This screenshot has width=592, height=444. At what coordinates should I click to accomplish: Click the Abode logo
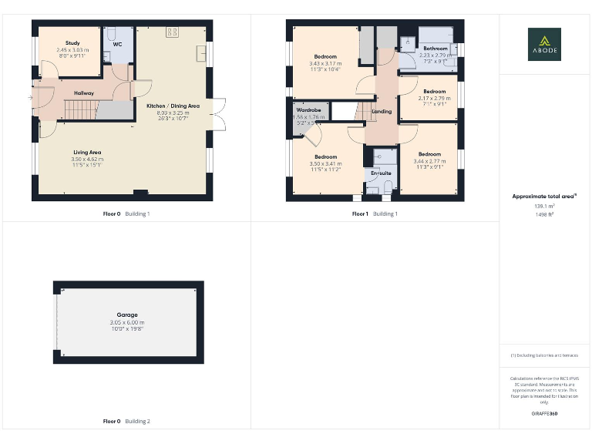coord(544,44)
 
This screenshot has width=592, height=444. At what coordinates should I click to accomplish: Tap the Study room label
coord(72,43)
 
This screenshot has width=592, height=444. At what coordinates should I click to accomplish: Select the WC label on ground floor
coord(117,45)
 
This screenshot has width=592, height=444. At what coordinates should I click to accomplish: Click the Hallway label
coord(83,93)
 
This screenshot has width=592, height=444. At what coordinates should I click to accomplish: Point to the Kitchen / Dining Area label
coord(173,106)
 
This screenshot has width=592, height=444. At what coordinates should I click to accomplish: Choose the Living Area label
coord(87,153)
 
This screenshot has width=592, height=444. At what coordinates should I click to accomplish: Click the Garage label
coord(127,314)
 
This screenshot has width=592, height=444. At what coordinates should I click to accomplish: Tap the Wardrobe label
coord(308,110)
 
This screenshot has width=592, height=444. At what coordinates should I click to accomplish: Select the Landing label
coord(382,112)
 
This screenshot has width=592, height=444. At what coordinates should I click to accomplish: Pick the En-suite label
coord(381,173)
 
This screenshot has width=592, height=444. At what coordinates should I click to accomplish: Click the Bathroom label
coord(433,49)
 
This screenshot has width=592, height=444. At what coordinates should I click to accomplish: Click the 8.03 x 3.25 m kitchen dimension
coord(173,113)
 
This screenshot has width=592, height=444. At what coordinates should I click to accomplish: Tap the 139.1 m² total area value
coord(544,206)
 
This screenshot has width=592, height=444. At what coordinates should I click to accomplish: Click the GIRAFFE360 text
coord(544,414)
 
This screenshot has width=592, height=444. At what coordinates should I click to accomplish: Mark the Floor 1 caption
coord(360,214)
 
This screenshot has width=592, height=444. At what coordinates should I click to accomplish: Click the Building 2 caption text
coord(138,422)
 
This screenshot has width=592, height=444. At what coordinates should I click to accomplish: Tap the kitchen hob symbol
coord(171,32)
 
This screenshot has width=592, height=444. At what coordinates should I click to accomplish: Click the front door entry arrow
coord(30,98)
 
